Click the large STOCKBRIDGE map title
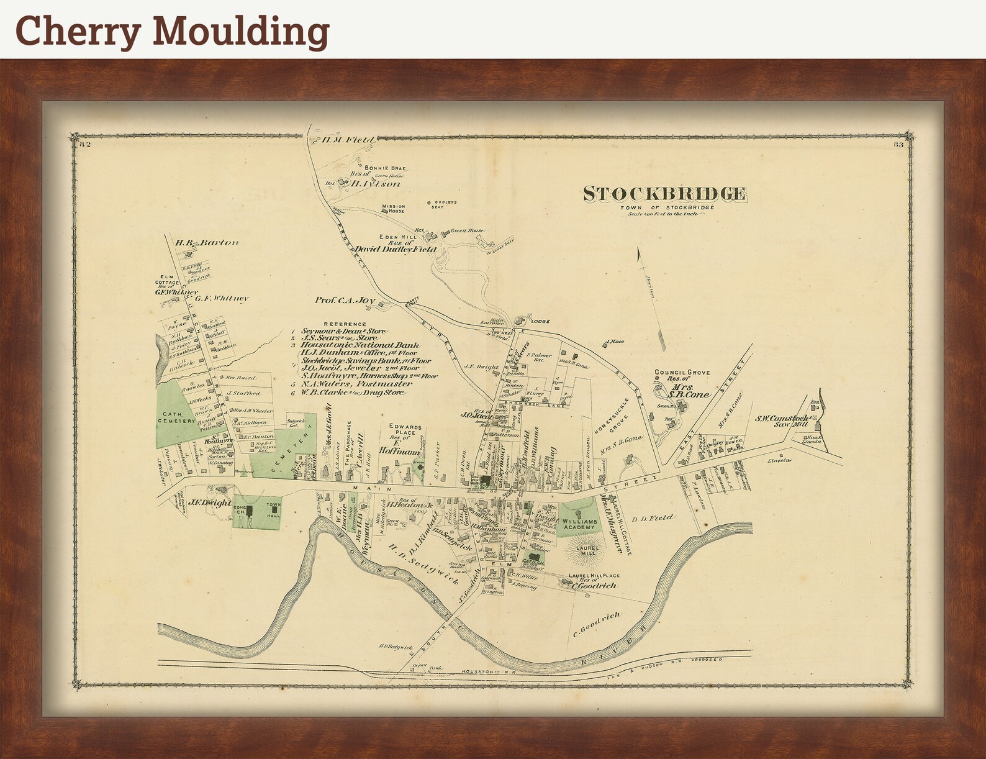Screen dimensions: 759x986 click(x=664, y=194)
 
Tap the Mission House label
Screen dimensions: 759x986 click(x=393, y=209)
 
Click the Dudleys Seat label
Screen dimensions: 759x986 click(x=447, y=204)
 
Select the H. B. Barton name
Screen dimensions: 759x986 click(x=197, y=243)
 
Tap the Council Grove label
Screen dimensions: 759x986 click(x=682, y=373)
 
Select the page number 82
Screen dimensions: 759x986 click(x=86, y=145)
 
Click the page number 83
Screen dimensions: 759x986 click(x=898, y=145)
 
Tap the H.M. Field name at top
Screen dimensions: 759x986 click(x=348, y=140)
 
